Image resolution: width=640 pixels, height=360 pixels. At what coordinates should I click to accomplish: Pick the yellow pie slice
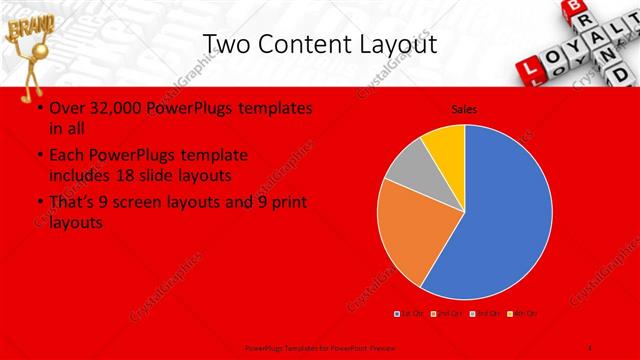444,146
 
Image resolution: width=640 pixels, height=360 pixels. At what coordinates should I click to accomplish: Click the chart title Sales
463,108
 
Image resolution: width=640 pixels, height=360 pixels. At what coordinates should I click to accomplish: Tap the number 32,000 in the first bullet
114,107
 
